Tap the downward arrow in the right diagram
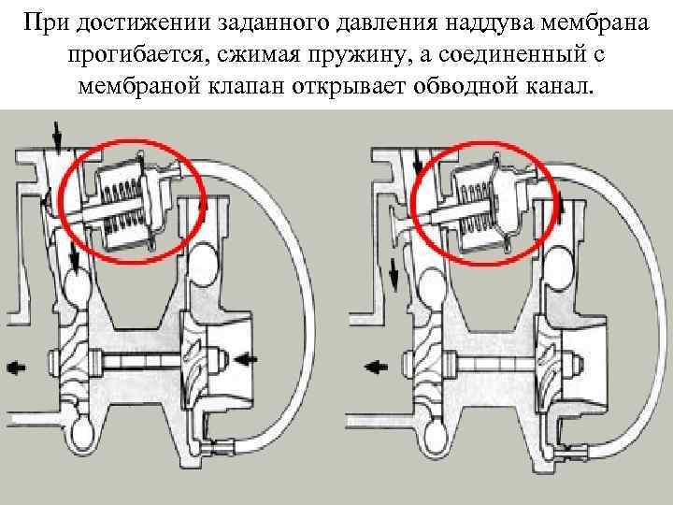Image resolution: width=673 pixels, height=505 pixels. (x=394, y=274)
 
